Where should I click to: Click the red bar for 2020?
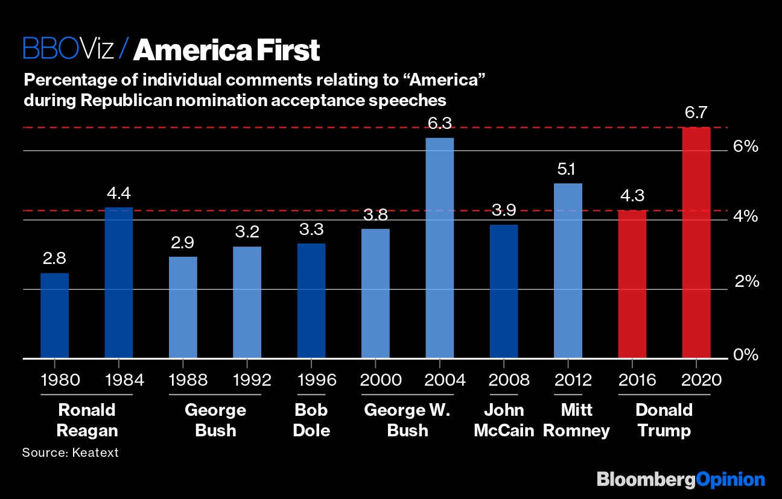[696, 243]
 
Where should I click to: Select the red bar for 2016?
[632, 284]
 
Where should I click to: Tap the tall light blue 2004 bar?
[439, 248]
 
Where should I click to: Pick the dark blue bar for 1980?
[54, 316]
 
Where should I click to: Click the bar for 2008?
[503, 292]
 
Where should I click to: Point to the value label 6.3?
[439, 124]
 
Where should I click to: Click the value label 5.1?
[568, 170]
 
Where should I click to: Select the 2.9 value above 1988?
[183, 243]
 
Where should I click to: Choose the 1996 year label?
[311, 380]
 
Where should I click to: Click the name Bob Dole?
[311, 421]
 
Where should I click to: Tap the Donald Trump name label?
[664, 421]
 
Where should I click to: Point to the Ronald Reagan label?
[87, 421]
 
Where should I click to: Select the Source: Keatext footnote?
[71, 452]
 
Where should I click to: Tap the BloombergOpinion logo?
[681, 480]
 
